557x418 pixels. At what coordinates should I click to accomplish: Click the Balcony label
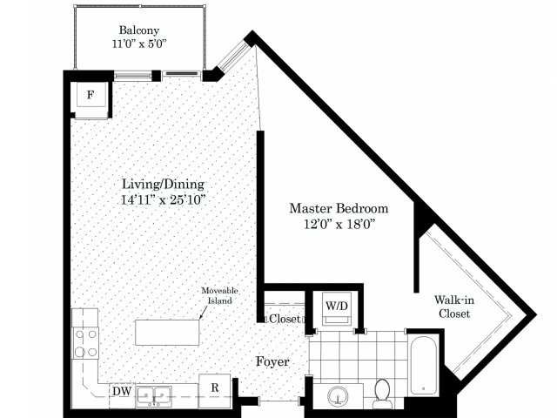(139, 30)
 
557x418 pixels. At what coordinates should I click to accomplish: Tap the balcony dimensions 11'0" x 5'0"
(139, 44)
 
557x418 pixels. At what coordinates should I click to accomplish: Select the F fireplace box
(91, 95)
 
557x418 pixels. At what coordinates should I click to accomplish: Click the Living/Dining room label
(163, 185)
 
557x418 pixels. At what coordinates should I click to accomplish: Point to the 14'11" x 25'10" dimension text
(164, 199)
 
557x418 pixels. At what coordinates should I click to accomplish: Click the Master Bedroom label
(339, 208)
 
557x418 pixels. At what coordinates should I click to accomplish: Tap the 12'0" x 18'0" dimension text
(339, 225)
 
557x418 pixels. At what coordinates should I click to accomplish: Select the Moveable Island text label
(219, 295)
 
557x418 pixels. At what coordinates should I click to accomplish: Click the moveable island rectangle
(167, 333)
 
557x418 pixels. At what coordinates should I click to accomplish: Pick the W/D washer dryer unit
(337, 308)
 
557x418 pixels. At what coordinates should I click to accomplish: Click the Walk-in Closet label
(454, 307)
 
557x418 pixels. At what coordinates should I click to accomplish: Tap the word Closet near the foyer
(285, 319)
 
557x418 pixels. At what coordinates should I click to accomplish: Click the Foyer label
(272, 362)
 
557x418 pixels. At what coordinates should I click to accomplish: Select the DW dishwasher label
(122, 391)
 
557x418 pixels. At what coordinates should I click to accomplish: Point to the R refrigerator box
(215, 390)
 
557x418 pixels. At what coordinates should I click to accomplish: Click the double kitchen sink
(154, 396)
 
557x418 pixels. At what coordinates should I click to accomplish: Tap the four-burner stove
(85, 343)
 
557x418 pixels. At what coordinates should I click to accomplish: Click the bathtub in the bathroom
(424, 365)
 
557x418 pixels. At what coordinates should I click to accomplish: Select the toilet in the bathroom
(383, 394)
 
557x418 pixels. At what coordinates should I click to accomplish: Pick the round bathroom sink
(338, 396)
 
